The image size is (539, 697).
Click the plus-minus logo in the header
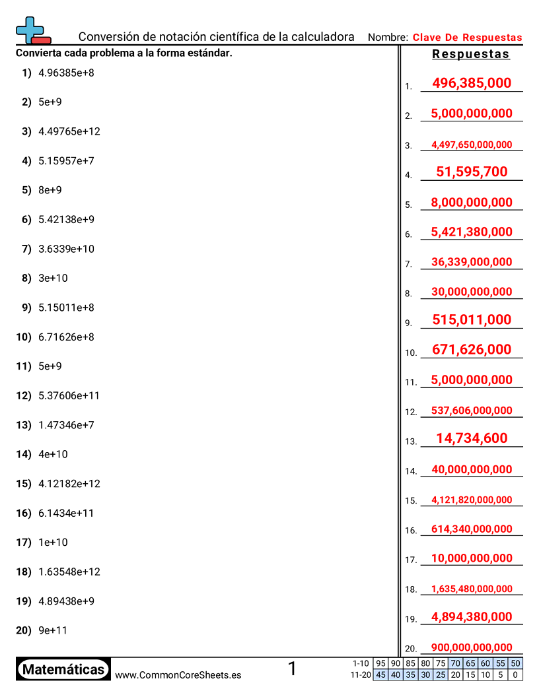(x=32, y=31)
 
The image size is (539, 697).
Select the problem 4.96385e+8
(x=66, y=73)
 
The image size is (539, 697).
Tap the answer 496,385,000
(x=472, y=83)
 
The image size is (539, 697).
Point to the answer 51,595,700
(x=472, y=172)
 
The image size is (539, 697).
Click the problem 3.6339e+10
(x=66, y=249)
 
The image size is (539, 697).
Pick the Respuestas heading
(x=471, y=54)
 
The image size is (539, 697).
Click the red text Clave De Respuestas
(x=467, y=38)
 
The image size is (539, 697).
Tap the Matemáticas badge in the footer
(x=63, y=669)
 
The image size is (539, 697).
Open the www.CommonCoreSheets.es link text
(x=178, y=675)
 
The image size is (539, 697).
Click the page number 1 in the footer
(x=293, y=669)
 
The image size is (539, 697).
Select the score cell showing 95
(x=380, y=663)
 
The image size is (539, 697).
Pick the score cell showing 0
(x=516, y=675)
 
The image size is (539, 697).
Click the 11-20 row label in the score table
(x=361, y=675)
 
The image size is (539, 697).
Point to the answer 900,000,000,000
(x=472, y=647)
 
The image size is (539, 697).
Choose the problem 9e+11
(x=53, y=630)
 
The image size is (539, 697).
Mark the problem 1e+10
(x=53, y=543)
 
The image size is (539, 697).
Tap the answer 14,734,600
(x=472, y=438)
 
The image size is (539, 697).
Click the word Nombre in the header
(x=387, y=38)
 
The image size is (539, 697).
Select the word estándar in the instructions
(x=211, y=53)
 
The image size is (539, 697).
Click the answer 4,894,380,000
(x=472, y=617)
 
